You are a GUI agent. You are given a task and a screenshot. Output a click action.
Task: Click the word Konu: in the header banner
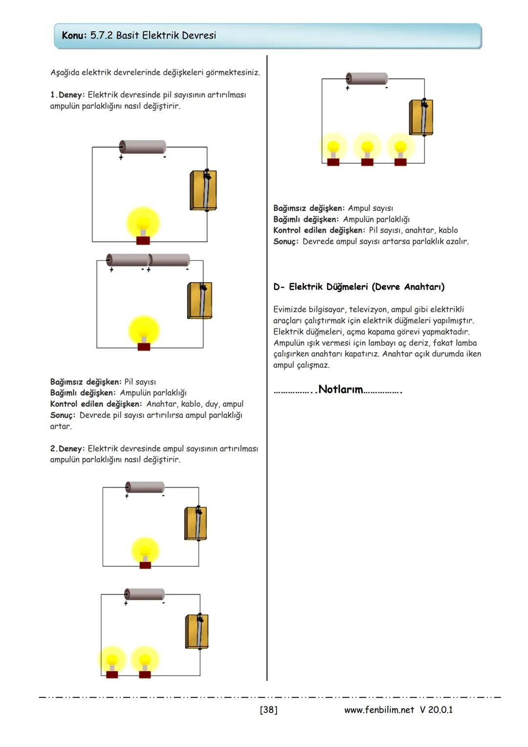tap(74, 35)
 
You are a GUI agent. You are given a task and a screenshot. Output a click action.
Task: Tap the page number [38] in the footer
tap(268, 710)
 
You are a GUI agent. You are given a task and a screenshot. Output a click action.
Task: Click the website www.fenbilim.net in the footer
tap(379, 710)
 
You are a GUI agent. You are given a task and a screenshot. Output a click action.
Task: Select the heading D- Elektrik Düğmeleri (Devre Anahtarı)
tap(359, 287)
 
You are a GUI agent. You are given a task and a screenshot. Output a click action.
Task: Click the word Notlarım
tap(340, 390)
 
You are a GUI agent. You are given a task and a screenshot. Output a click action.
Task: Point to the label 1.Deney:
tap(67, 94)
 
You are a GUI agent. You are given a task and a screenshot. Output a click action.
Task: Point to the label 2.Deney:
tap(67, 449)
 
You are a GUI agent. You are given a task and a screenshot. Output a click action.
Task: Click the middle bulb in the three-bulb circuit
tap(367, 149)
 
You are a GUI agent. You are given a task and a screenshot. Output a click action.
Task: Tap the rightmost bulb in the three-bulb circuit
tap(400, 149)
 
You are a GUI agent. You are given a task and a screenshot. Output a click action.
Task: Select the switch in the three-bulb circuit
tap(421, 117)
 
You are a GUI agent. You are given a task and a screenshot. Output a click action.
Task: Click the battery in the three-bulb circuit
tap(367, 78)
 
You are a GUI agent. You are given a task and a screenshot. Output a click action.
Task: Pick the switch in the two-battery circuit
tap(200, 300)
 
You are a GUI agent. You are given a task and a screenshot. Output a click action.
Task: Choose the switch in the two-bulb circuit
tap(197, 632)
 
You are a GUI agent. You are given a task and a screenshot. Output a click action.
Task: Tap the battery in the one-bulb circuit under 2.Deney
tap(145, 487)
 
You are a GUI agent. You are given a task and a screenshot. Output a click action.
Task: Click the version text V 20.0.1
tap(436, 710)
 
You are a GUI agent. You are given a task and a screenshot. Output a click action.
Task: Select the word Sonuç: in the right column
tap(286, 242)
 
